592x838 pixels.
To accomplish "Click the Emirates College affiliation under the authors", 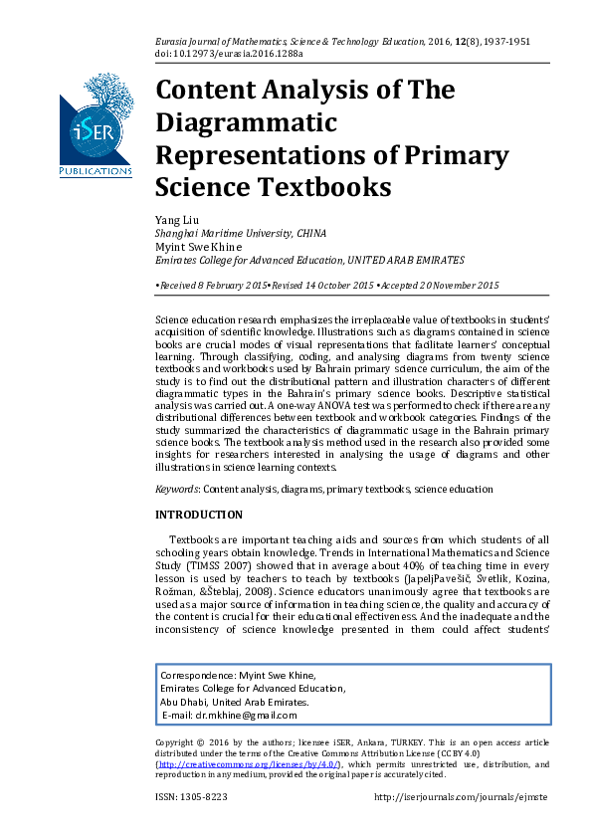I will tap(308, 260).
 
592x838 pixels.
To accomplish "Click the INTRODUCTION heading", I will tap(198, 515).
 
